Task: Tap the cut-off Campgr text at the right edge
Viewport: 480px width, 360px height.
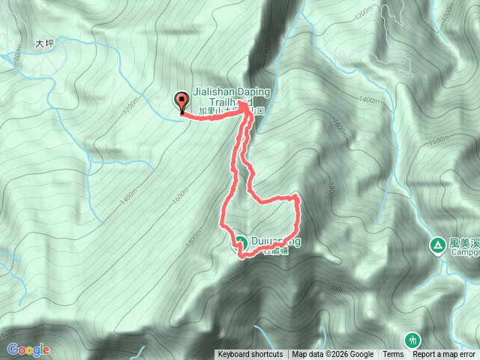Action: [465, 253]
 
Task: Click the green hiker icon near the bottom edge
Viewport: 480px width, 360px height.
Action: [412, 340]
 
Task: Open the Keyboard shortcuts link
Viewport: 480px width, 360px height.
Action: [250, 355]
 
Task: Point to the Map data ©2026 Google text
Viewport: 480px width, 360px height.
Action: [333, 355]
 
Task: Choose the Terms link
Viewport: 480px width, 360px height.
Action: [393, 355]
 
